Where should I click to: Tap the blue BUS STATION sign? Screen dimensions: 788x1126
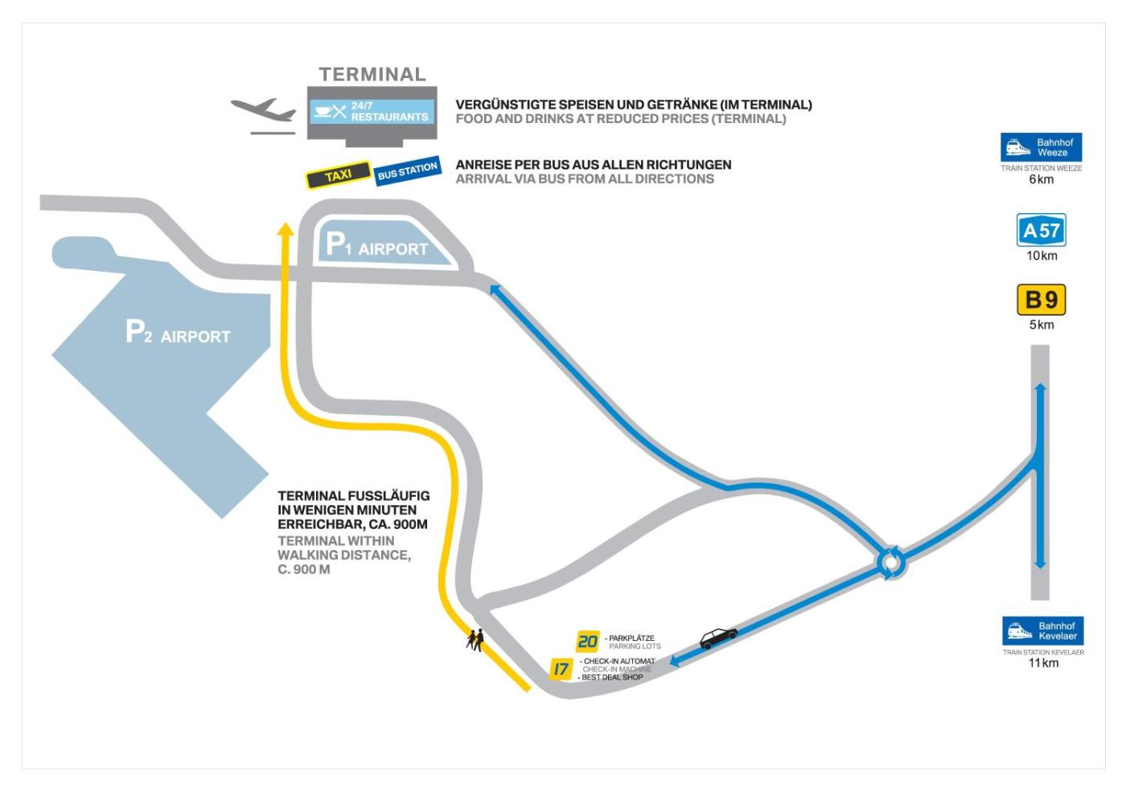(x=407, y=170)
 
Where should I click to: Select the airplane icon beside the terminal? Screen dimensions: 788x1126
(x=264, y=112)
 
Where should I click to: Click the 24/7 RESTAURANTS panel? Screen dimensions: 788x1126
(x=372, y=112)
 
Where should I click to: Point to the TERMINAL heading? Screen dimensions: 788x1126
(x=372, y=75)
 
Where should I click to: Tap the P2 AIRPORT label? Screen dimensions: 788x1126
(x=179, y=334)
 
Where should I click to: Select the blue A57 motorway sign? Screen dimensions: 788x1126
(x=1042, y=232)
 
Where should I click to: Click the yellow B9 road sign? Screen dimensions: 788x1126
(x=1042, y=301)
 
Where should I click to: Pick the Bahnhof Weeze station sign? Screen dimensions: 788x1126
(x=1041, y=148)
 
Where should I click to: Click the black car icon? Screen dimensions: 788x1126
(x=718, y=638)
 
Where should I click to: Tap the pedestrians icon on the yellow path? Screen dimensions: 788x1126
(x=475, y=640)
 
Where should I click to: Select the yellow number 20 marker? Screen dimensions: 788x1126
(x=588, y=642)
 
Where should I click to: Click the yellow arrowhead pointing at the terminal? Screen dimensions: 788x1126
(x=284, y=229)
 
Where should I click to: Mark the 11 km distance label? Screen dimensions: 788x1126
(x=1043, y=663)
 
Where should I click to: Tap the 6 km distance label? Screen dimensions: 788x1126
(x=1042, y=179)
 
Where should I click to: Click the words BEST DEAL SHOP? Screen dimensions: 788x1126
(x=612, y=678)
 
